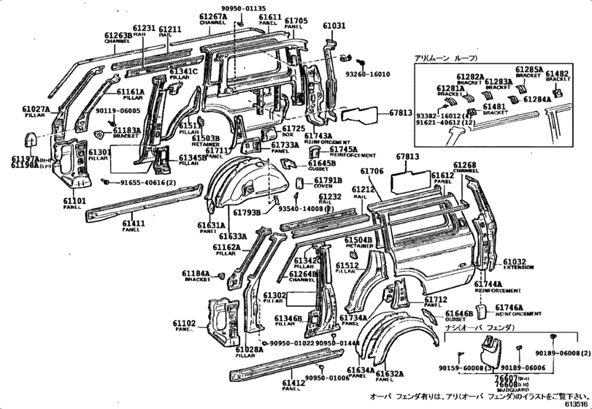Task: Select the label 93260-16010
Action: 370,74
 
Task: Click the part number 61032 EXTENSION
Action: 514,261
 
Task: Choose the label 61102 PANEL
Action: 183,324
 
